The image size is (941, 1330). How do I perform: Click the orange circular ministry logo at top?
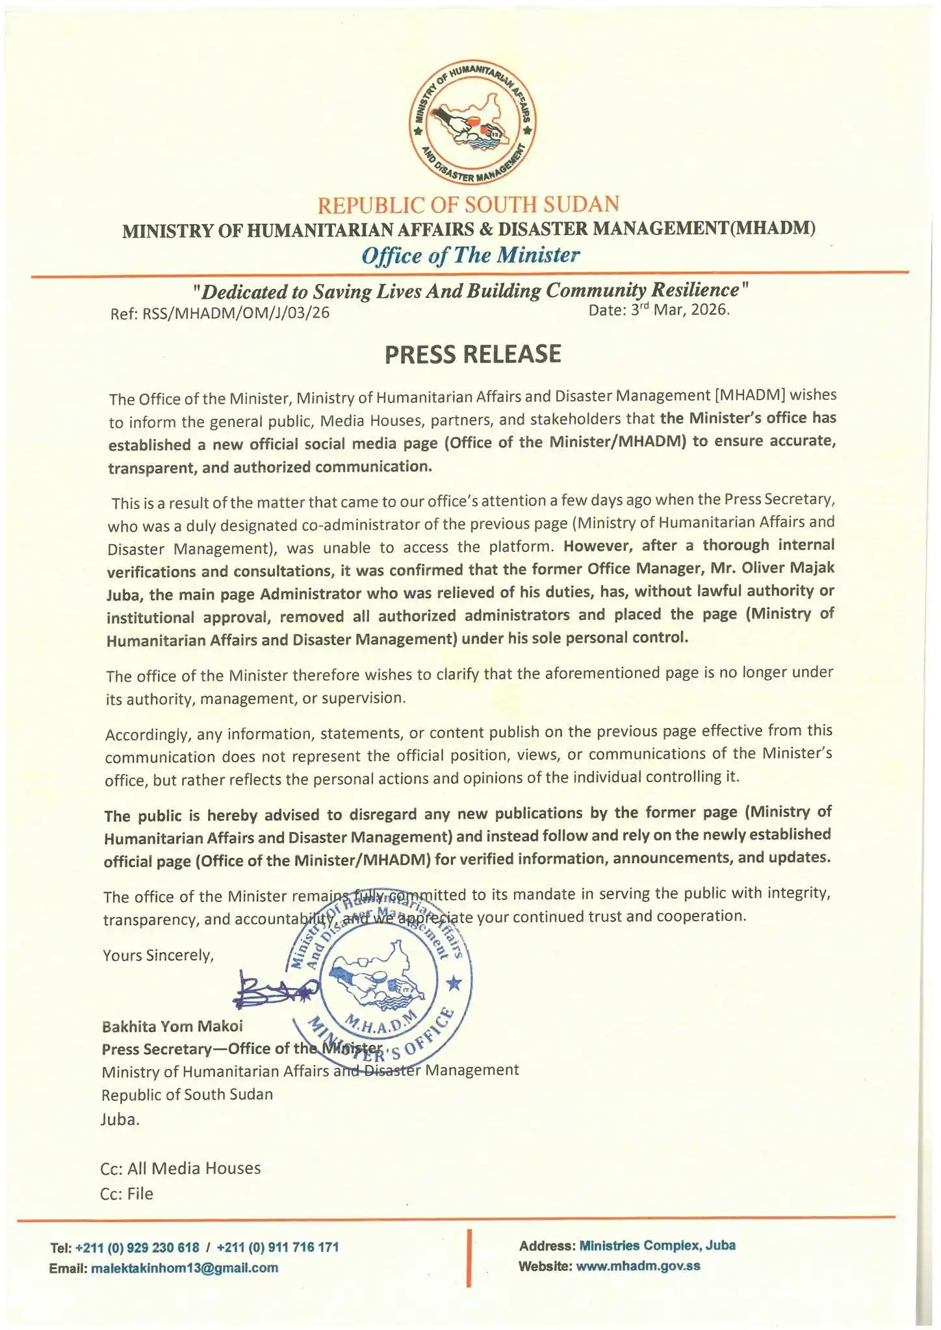[x=472, y=125]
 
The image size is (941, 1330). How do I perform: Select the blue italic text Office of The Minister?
[x=470, y=255]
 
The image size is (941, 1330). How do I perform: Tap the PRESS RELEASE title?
[x=472, y=354]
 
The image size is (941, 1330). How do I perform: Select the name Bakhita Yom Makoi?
[x=172, y=1027]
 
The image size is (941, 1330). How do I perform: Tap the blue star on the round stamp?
[x=454, y=984]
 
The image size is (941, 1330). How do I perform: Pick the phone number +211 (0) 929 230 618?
[x=138, y=1248]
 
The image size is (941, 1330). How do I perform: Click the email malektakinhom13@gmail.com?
[x=185, y=1268]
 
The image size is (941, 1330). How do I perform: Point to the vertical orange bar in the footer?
[x=469, y=1257]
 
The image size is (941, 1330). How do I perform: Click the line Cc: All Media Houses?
[x=181, y=1168]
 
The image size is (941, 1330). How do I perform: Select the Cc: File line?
[x=127, y=1194]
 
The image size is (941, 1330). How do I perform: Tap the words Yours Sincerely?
[x=158, y=955]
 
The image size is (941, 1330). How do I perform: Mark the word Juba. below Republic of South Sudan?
[x=120, y=1120]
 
